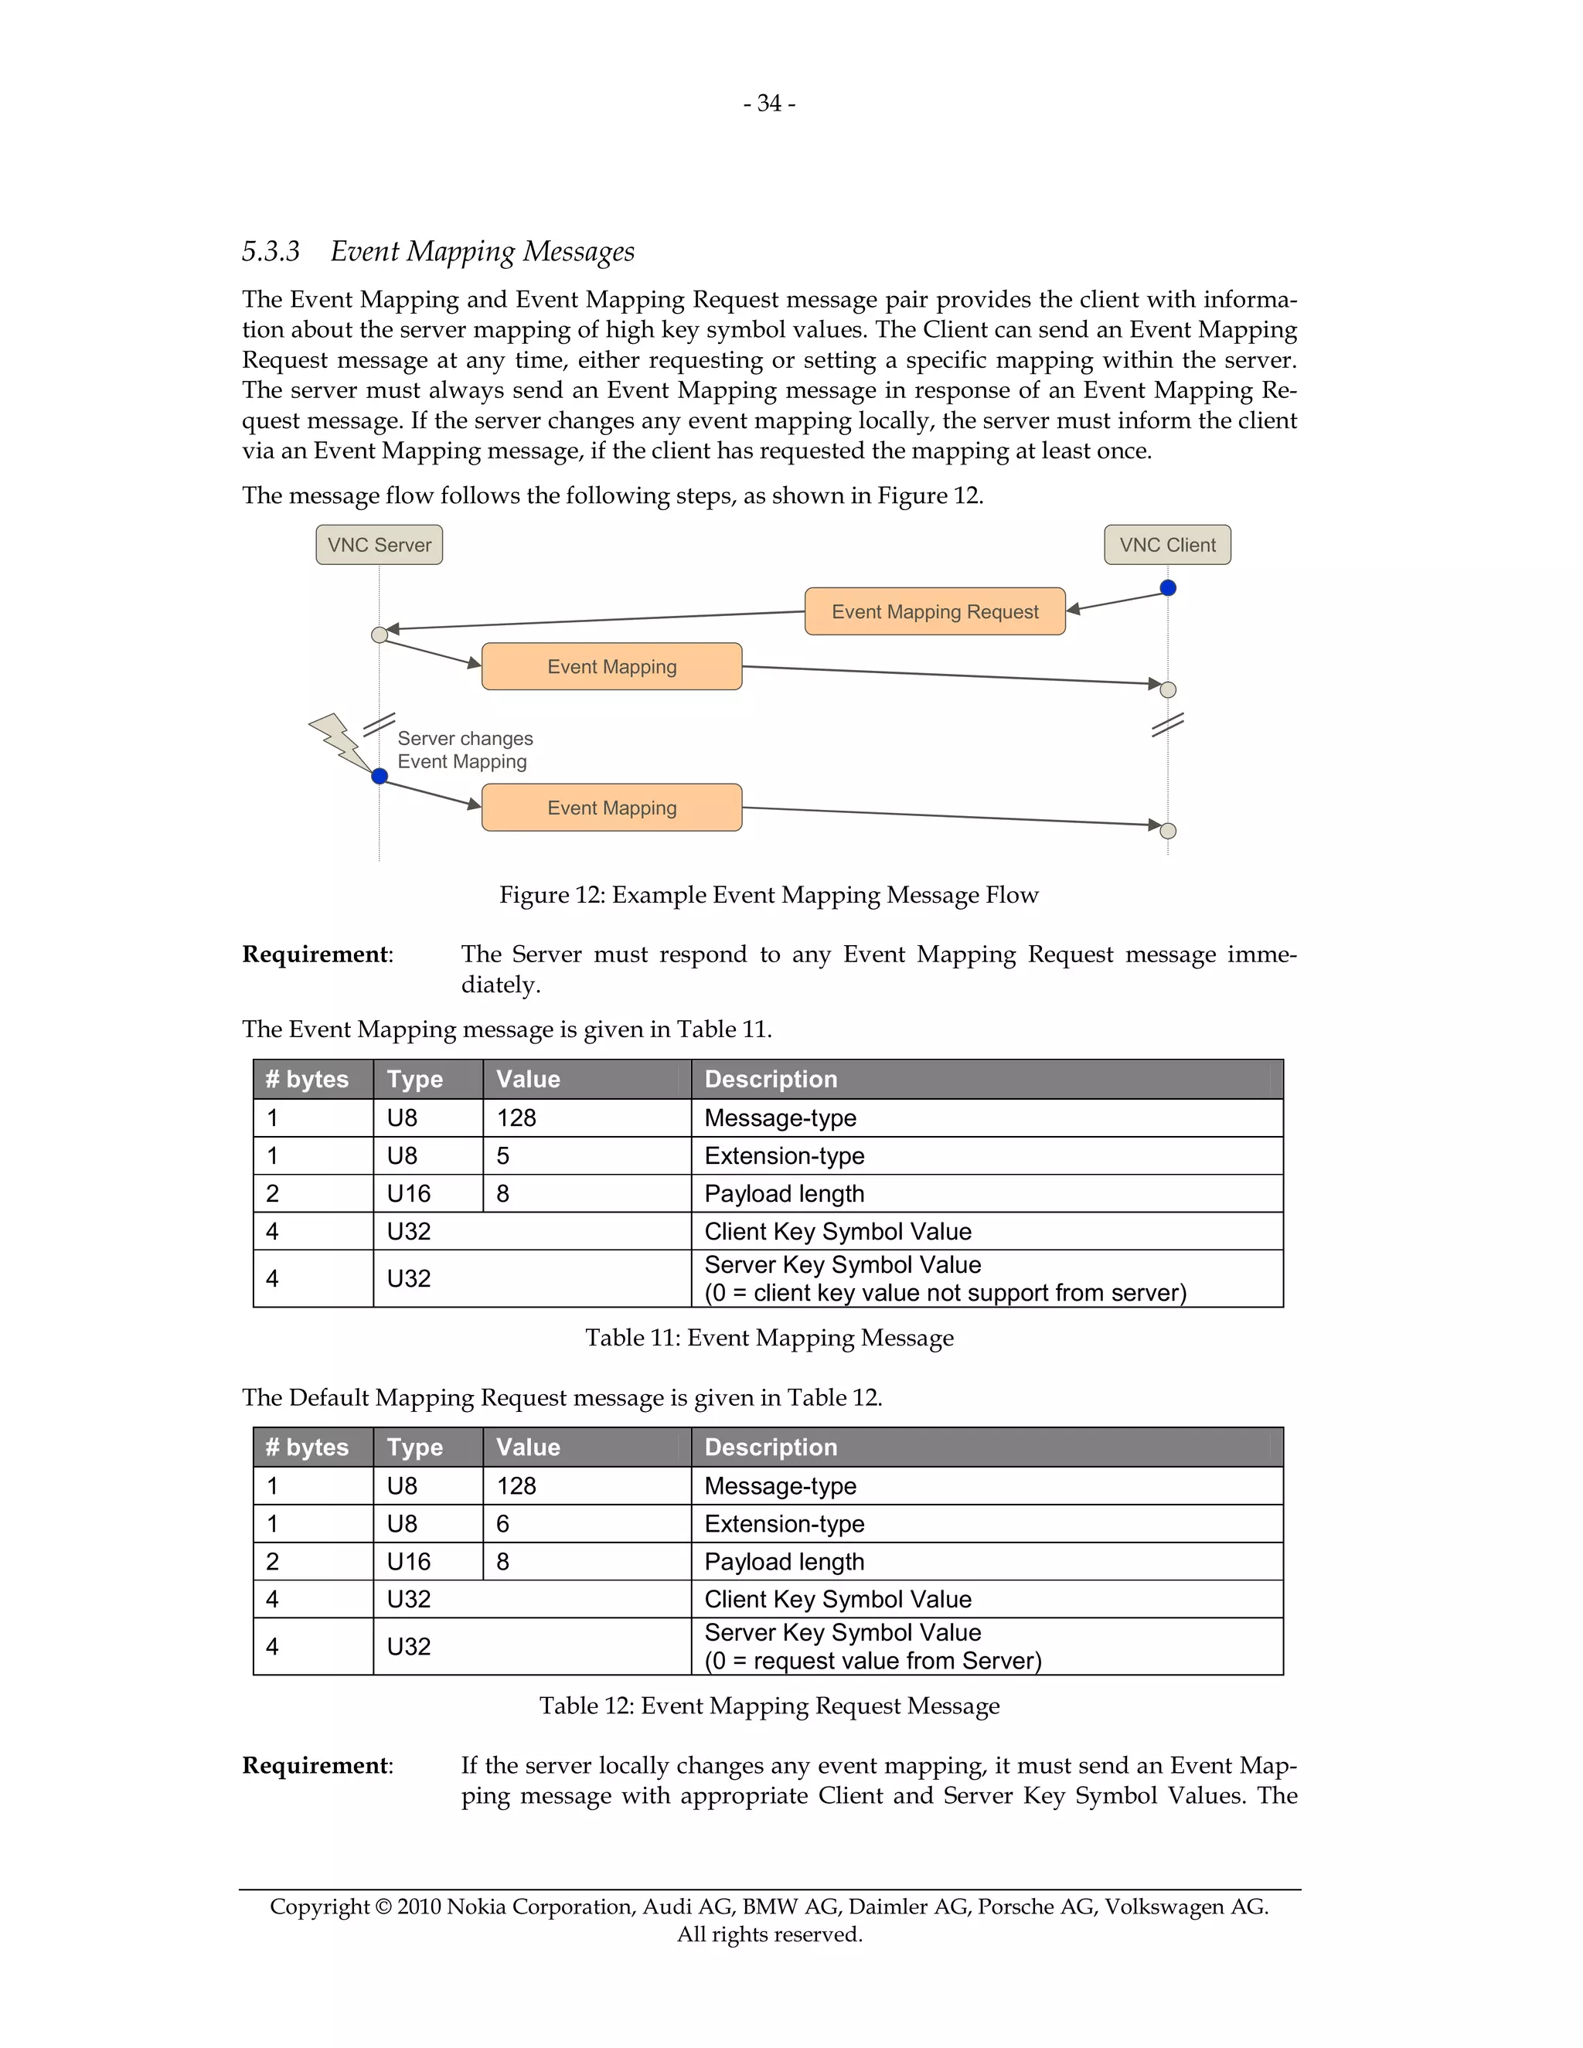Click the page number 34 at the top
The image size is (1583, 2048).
point(769,103)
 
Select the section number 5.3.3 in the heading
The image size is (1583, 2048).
point(271,251)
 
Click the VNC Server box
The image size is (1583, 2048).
point(379,545)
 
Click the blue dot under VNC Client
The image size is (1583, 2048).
point(1168,588)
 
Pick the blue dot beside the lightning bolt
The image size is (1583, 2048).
point(379,775)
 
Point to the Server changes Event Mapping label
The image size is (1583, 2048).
point(465,750)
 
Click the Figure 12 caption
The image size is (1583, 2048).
point(769,895)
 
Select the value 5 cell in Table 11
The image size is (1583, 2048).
point(586,1155)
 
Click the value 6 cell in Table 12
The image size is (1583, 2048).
point(586,1524)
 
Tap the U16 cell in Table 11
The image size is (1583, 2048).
point(427,1194)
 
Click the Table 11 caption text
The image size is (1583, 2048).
point(769,1337)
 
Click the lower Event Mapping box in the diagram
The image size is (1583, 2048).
point(611,808)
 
